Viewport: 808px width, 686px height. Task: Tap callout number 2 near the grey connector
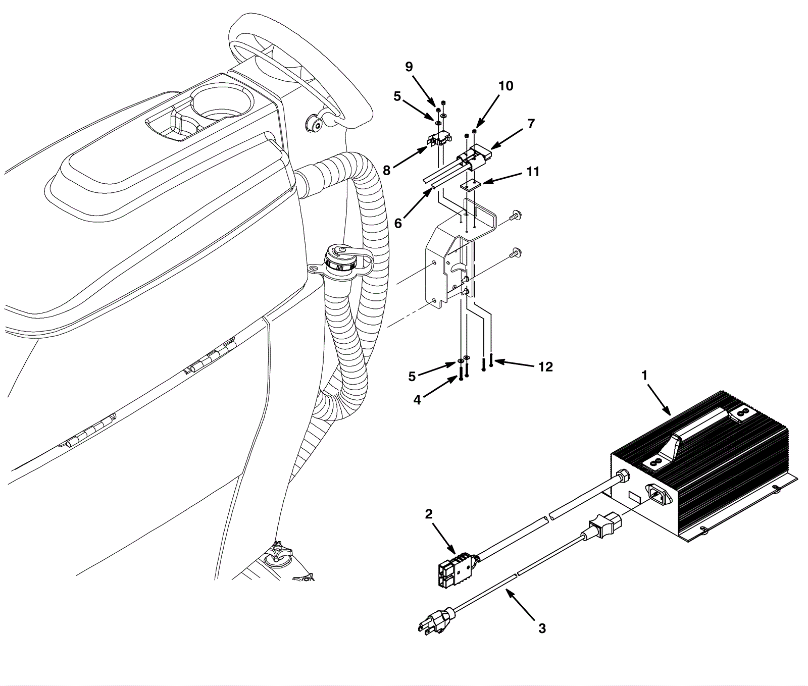429,514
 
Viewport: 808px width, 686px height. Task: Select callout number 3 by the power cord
542,629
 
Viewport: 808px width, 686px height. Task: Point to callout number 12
545,367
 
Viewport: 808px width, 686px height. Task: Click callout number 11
533,172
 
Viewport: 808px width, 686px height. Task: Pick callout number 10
506,86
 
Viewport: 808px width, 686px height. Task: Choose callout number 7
530,124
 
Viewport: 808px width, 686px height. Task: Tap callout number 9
409,67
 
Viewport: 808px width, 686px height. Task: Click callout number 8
387,171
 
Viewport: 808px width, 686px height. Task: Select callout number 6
398,223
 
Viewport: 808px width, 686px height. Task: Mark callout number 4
417,400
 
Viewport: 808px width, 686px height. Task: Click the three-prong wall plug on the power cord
435,619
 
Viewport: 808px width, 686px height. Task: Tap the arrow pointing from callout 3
520,606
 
